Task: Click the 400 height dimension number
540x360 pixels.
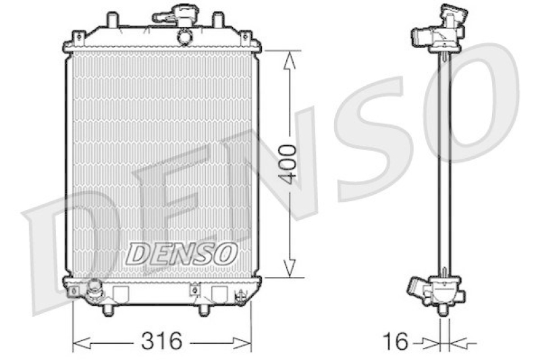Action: pos(288,164)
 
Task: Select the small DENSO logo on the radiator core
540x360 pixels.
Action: pos(182,253)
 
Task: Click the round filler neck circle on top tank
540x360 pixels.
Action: pos(184,36)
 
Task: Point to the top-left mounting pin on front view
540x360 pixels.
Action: pos(112,20)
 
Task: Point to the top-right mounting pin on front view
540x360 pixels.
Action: pos(217,20)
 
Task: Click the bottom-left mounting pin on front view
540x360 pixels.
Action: pos(108,310)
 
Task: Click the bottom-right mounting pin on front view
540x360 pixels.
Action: pos(204,310)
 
